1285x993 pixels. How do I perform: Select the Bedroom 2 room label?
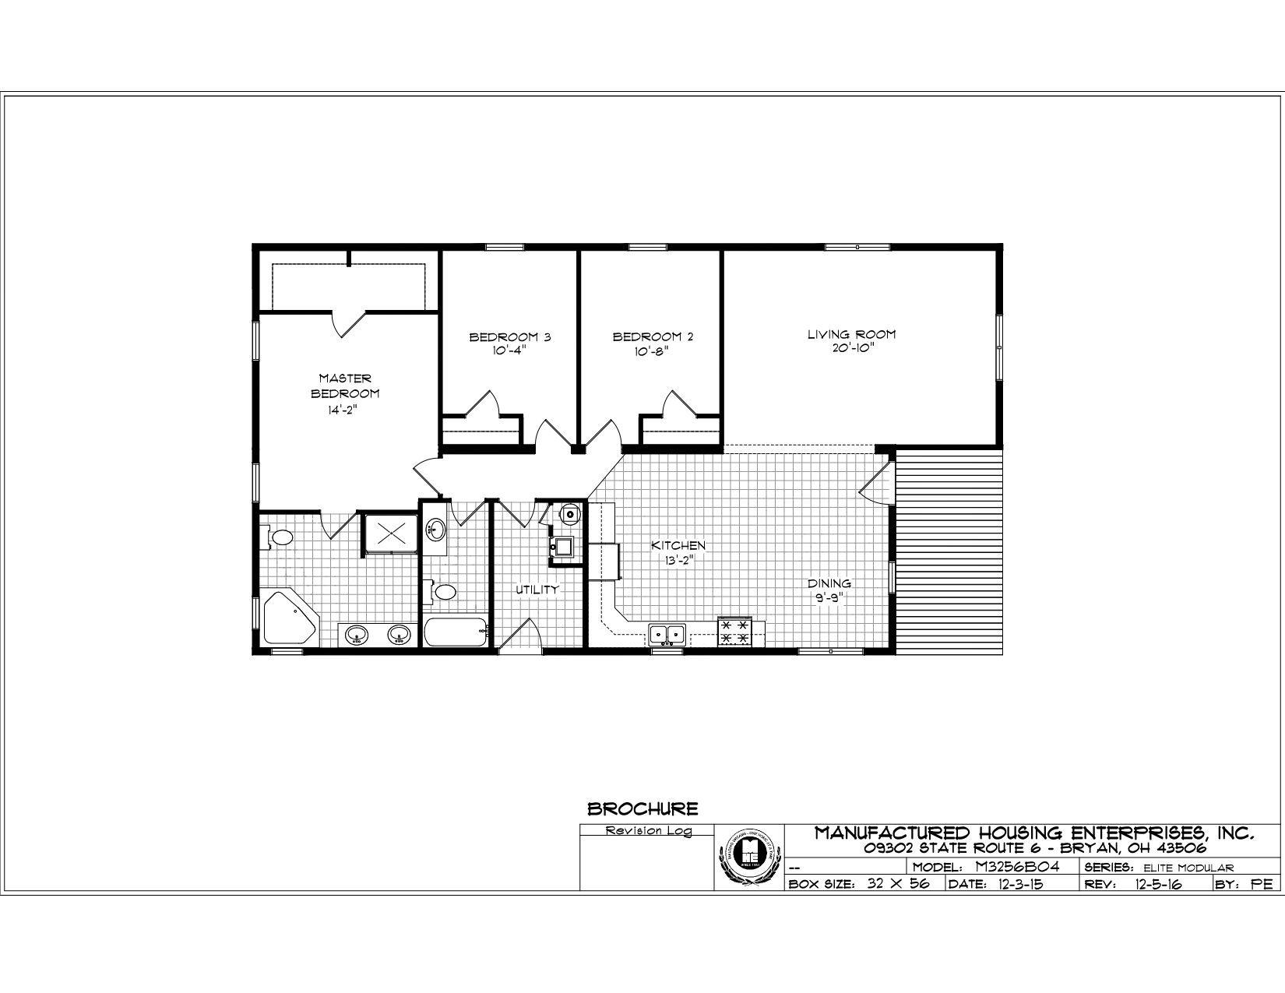pos(653,337)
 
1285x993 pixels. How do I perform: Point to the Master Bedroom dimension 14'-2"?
pos(343,410)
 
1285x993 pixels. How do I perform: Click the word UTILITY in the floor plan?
pos(537,590)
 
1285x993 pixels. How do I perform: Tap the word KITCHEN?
pos(678,545)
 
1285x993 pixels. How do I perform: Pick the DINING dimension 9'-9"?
pos(828,598)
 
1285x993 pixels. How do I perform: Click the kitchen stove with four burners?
pos(734,632)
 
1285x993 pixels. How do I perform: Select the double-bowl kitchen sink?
pos(667,635)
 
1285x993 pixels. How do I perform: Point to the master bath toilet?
pos(280,537)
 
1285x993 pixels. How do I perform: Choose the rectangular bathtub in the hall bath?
pos(456,631)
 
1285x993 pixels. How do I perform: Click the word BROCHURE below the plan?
pos(642,809)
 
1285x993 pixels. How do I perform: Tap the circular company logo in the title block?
pos(748,857)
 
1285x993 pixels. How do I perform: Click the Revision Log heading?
pos(648,831)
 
